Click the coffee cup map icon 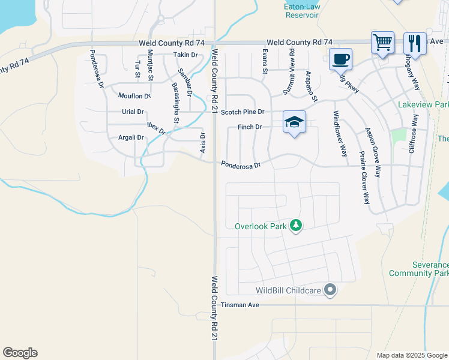(340, 59)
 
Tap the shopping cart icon (382, 42)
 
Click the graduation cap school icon (294, 122)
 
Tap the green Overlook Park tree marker (295, 226)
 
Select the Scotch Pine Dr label (243, 112)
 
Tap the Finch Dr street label (250, 127)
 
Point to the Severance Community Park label (419, 269)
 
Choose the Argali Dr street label (131, 137)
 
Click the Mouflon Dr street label (134, 96)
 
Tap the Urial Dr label (133, 112)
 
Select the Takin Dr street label (185, 55)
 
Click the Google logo (20, 353)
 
